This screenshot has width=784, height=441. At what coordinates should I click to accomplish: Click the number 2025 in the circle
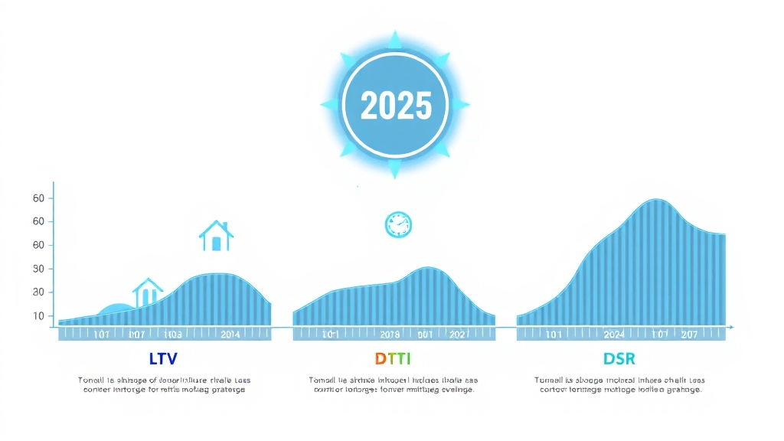pyautogui.click(x=395, y=105)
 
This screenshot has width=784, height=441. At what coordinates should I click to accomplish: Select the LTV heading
pyautogui.click(x=164, y=358)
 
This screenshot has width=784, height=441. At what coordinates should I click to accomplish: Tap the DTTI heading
pyautogui.click(x=392, y=358)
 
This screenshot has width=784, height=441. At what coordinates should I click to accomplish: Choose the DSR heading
pyautogui.click(x=619, y=358)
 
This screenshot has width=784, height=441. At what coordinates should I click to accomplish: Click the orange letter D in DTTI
pyautogui.click(x=380, y=358)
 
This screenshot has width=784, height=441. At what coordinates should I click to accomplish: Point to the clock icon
pyautogui.click(x=398, y=224)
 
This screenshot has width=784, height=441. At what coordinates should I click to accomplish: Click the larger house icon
pyautogui.click(x=216, y=237)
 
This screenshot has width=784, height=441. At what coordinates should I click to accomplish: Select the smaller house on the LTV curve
pyautogui.click(x=148, y=292)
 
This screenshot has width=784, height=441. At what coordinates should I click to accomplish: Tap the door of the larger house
pyautogui.click(x=216, y=243)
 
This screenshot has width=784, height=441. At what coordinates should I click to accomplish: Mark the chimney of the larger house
pyautogui.click(x=227, y=228)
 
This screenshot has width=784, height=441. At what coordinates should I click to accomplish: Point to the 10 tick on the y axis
pyautogui.click(x=39, y=315)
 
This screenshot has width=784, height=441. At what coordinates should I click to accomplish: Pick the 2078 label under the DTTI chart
pyautogui.click(x=390, y=334)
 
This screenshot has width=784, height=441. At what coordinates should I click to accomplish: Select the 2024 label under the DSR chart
pyautogui.click(x=613, y=334)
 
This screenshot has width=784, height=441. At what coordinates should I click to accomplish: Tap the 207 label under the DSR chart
pyautogui.click(x=688, y=334)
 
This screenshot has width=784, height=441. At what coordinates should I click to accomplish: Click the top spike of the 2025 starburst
pyautogui.click(x=395, y=37)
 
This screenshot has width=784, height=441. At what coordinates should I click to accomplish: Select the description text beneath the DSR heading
pyautogui.click(x=619, y=384)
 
